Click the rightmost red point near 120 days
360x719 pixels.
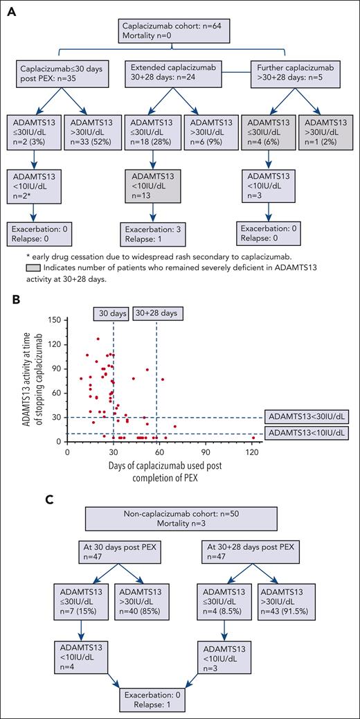[x=254, y=438]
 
